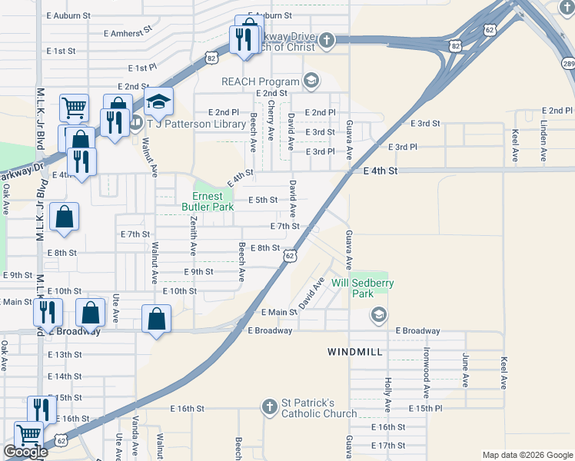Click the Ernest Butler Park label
(x=208, y=201)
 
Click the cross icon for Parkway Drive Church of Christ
(x=327, y=40)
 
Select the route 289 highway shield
(x=567, y=62)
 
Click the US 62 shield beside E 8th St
(x=289, y=254)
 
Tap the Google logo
(x=26, y=452)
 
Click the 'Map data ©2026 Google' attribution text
(x=527, y=455)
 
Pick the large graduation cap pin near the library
(x=158, y=102)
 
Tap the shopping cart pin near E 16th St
(x=28, y=435)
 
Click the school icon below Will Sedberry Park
(x=378, y=313)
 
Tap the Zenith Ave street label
(x=192, y=237)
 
